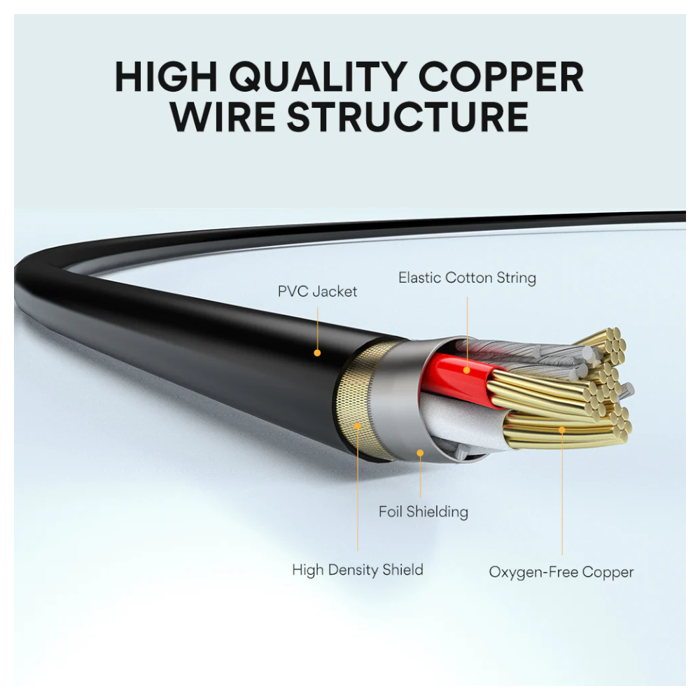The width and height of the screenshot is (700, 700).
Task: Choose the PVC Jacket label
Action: (x=317, y=291)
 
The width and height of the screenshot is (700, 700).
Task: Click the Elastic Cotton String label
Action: (x=467, y=278)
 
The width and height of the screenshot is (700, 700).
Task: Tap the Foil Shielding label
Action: (x=423, y=512)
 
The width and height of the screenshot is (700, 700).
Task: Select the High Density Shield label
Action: (x=357, y=570)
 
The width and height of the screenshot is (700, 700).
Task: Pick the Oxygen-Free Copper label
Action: (x=561, y=572)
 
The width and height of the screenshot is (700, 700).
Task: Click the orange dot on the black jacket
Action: (x=317, y=353)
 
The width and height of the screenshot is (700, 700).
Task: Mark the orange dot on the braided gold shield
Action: (x=357, y=424)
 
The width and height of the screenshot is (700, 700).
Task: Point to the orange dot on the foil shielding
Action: (x=420, y=453)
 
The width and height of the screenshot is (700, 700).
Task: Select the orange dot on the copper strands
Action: (x=561, y=429)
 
